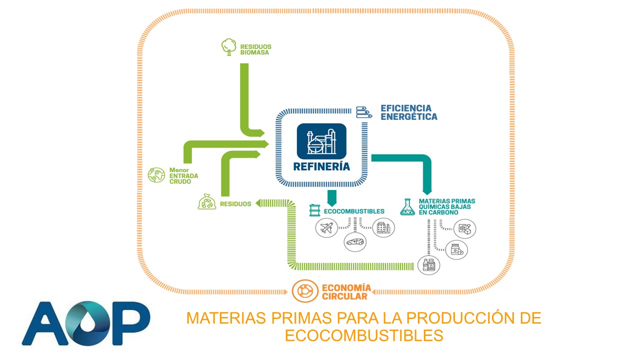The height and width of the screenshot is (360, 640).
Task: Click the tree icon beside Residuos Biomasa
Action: pyautogui.click(x=228, y=46)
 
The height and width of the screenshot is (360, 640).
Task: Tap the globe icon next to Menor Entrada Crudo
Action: pyautogui.click(x=156, y=174)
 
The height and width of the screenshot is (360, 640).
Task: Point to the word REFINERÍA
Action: pyautogui.click(x=321, y=166)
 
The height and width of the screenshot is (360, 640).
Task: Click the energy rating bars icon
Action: pyautogui.click(x=364, y=112)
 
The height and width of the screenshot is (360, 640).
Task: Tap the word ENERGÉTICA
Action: pyautogui.click(x=409, y=117)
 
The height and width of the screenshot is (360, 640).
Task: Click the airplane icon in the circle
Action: pyautogui.click(x=326, y=228)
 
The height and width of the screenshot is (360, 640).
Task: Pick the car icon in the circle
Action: pyautogui.click(x=355, y=242)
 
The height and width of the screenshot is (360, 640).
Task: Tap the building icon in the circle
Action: pyautogui.click(x=383, y=228)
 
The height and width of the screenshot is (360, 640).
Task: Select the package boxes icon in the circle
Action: pyautogui.click(x=464, y=229)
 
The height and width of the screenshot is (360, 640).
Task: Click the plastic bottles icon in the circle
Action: pyautogui.click(x=429, y=265)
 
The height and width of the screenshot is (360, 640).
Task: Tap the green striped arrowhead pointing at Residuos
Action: pyautogui.click(x=259, y=203)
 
